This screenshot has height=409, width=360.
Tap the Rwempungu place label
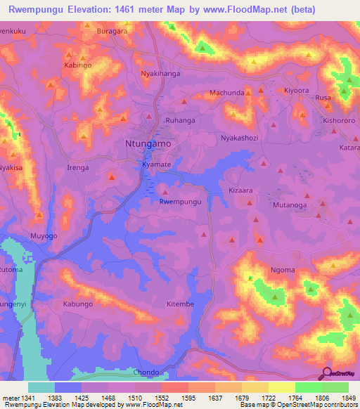pyautogui.click(x=181, y=202)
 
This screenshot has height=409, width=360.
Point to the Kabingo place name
pyautogui.click(x=78, y=65)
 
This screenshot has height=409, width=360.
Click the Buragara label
pyautogui.click(x=112, y=32)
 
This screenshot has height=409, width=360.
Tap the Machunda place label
pyautogui.click(x=227, y=93)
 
